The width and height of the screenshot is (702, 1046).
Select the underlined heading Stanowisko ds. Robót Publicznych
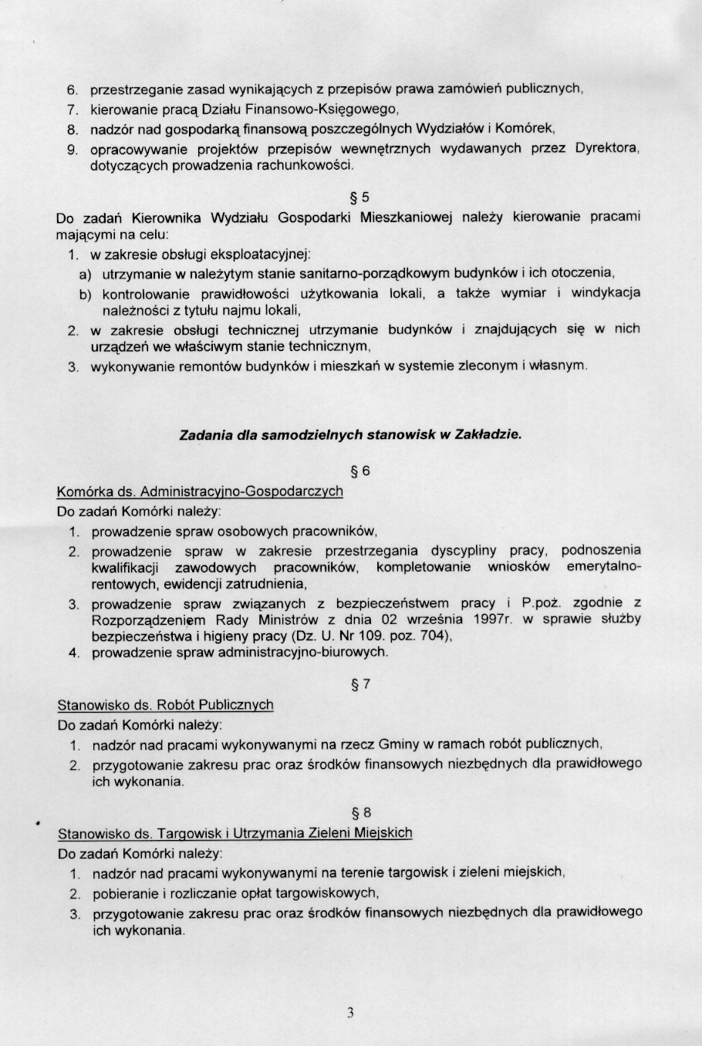(165, 705)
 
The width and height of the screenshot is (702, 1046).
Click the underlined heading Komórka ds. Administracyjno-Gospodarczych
(200, 491)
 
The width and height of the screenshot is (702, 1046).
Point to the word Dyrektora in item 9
(607, 148)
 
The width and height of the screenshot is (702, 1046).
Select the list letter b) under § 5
(85, 295)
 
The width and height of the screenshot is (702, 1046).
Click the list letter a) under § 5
(85, 274)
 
